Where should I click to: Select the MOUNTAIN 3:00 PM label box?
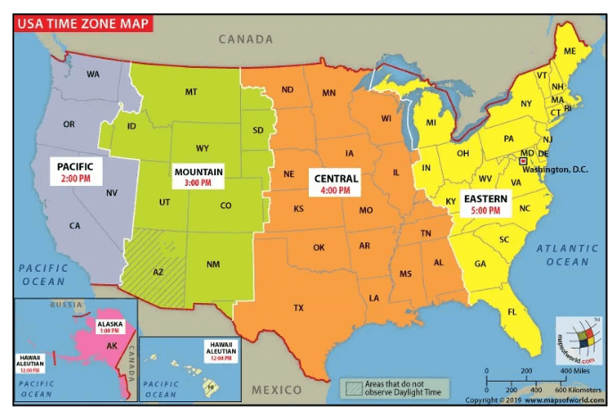pyautogui.click(x=198, y=176)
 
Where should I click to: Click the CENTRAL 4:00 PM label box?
pyautogui.click(x=336, y=184)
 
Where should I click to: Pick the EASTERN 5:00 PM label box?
pyautogui.click(x=486, y=204)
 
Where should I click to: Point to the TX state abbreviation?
pyautogui.click(x=298, y=307)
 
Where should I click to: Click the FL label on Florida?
pyautogui.click(x=512, y=312)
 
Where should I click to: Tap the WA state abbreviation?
pyautogui.click(x=93, y=74)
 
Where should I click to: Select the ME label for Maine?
pyautogui.click(x=569, y=52)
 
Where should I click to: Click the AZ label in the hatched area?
pyautogui.click(x=158, y=272)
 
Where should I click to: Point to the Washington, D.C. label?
pyautogui.click(x=555, y=169)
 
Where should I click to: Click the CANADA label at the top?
pyautogui.click(x=245, y=39)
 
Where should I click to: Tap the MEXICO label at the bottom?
pyautogui.click(x=277, y=390)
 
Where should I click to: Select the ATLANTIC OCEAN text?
pyautogui.click(x=568, y=255)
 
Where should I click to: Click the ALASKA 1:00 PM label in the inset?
pyautogui.click(x=110, y=327)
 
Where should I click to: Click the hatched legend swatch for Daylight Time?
pyautogui.click(x=354, y=388)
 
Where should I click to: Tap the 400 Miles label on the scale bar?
pyautogui.click(x=573, y=370)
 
